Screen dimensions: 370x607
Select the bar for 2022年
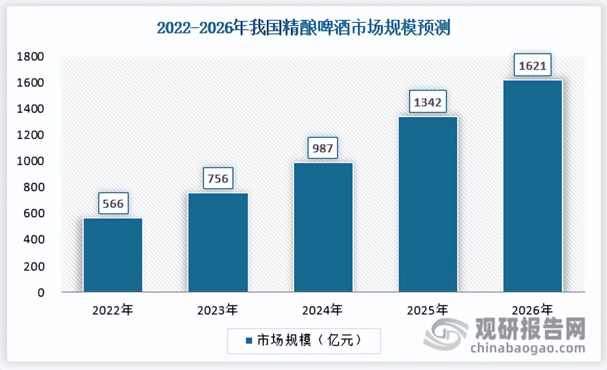(x=113, y=255)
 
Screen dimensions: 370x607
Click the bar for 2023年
(x=218, y=242)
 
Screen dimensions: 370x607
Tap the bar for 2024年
(x=323, y=227)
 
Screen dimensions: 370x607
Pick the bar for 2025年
(x=428, y=204)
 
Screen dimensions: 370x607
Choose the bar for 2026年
(x=533, y=186)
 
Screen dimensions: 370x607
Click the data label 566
(x=113, y=203)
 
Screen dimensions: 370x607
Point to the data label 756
(x=218, y=179)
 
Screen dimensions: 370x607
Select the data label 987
(x=323, y=148)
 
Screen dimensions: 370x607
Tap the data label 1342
(x=428, y=102)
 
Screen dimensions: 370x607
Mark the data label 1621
(x=533, y=66)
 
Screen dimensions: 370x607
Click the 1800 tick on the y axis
(x=32, y=56)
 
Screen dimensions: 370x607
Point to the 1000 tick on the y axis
(x=32, y=161)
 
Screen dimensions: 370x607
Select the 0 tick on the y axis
(x=41, y=293)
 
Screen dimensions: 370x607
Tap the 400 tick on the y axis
(x=35, y=240)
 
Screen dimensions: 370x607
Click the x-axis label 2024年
(x=322, y=310)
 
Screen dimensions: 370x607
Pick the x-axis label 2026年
(x=532, y=310)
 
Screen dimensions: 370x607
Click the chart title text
(x=303, y=28)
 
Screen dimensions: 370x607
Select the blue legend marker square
(x=249, y=341)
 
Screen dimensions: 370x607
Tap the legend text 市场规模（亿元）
(x=309, y=341)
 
